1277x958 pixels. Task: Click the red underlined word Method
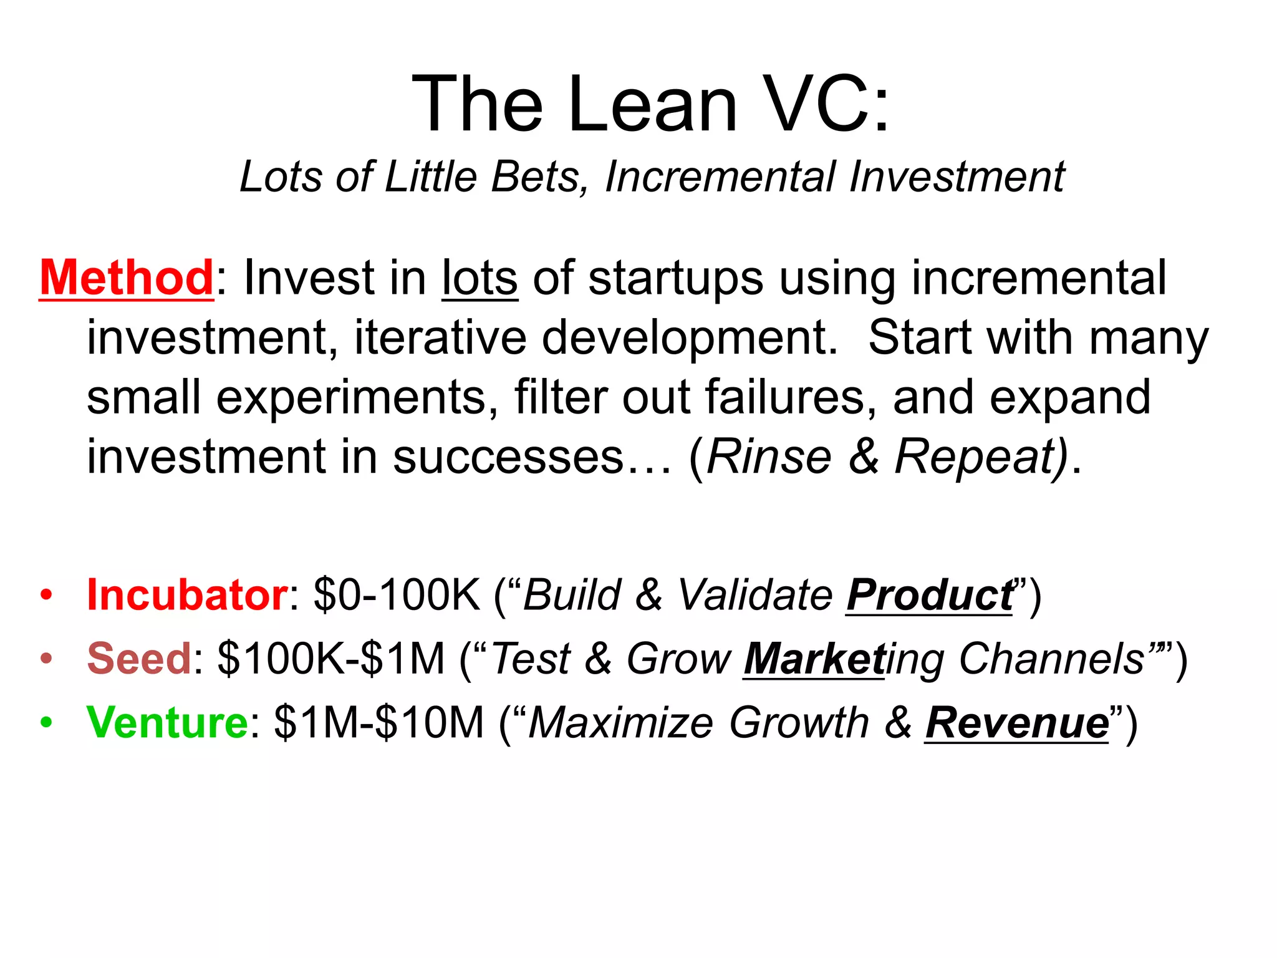127,278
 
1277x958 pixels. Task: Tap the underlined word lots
479,278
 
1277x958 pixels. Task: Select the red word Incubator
187,594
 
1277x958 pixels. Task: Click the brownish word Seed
139,659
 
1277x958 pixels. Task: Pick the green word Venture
168,722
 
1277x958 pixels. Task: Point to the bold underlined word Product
929,595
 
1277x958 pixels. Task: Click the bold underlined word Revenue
1017,723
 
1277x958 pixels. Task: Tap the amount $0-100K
397,594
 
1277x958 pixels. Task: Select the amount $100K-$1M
331,659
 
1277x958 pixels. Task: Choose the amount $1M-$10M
379,722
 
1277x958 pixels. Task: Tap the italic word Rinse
769,457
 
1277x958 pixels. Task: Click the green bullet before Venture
46,722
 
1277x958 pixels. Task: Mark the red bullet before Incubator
46,594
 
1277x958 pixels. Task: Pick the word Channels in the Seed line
1051,659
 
